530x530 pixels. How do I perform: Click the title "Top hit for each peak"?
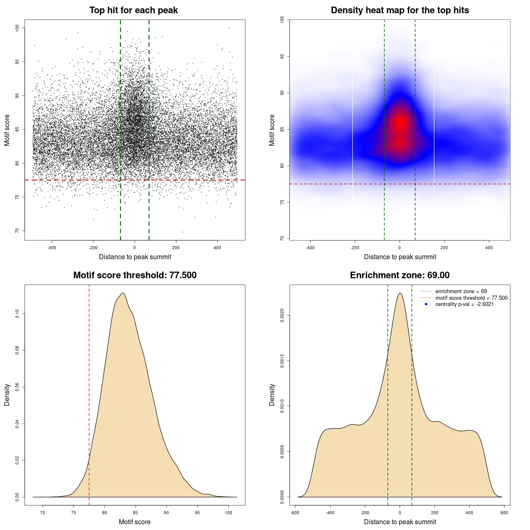[x=133, y=10]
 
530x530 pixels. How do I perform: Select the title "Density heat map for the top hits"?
[x=400, y=10]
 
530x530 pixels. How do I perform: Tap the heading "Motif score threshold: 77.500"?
[x=135, y=275]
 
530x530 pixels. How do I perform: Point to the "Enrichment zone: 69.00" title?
[x=400, y=275]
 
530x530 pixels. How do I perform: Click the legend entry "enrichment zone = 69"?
[x=461, y=291]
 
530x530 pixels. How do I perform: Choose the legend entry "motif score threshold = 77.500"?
[x=471, y=298]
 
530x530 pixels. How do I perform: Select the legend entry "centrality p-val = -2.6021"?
[x=464, y=304]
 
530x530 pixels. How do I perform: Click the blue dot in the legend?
[x=426, y=304]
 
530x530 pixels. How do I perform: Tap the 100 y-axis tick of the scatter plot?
[x=17, y=28]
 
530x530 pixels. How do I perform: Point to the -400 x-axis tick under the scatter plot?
[x=52, y=248]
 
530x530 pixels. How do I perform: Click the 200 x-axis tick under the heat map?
[x=444, y=248]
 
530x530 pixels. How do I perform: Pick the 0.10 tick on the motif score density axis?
[x=17, y=314]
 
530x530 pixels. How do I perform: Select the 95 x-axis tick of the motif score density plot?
[x=198, y=513]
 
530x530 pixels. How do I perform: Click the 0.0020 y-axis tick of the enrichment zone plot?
[x=282, y=316]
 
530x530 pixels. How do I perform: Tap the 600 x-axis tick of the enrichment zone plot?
[x=504, y=513]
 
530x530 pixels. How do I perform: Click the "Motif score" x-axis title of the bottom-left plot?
[x=135, y=522]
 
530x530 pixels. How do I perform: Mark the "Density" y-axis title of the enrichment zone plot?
[x=272, y=395]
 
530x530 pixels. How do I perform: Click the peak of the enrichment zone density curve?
[x=400, y=293]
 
